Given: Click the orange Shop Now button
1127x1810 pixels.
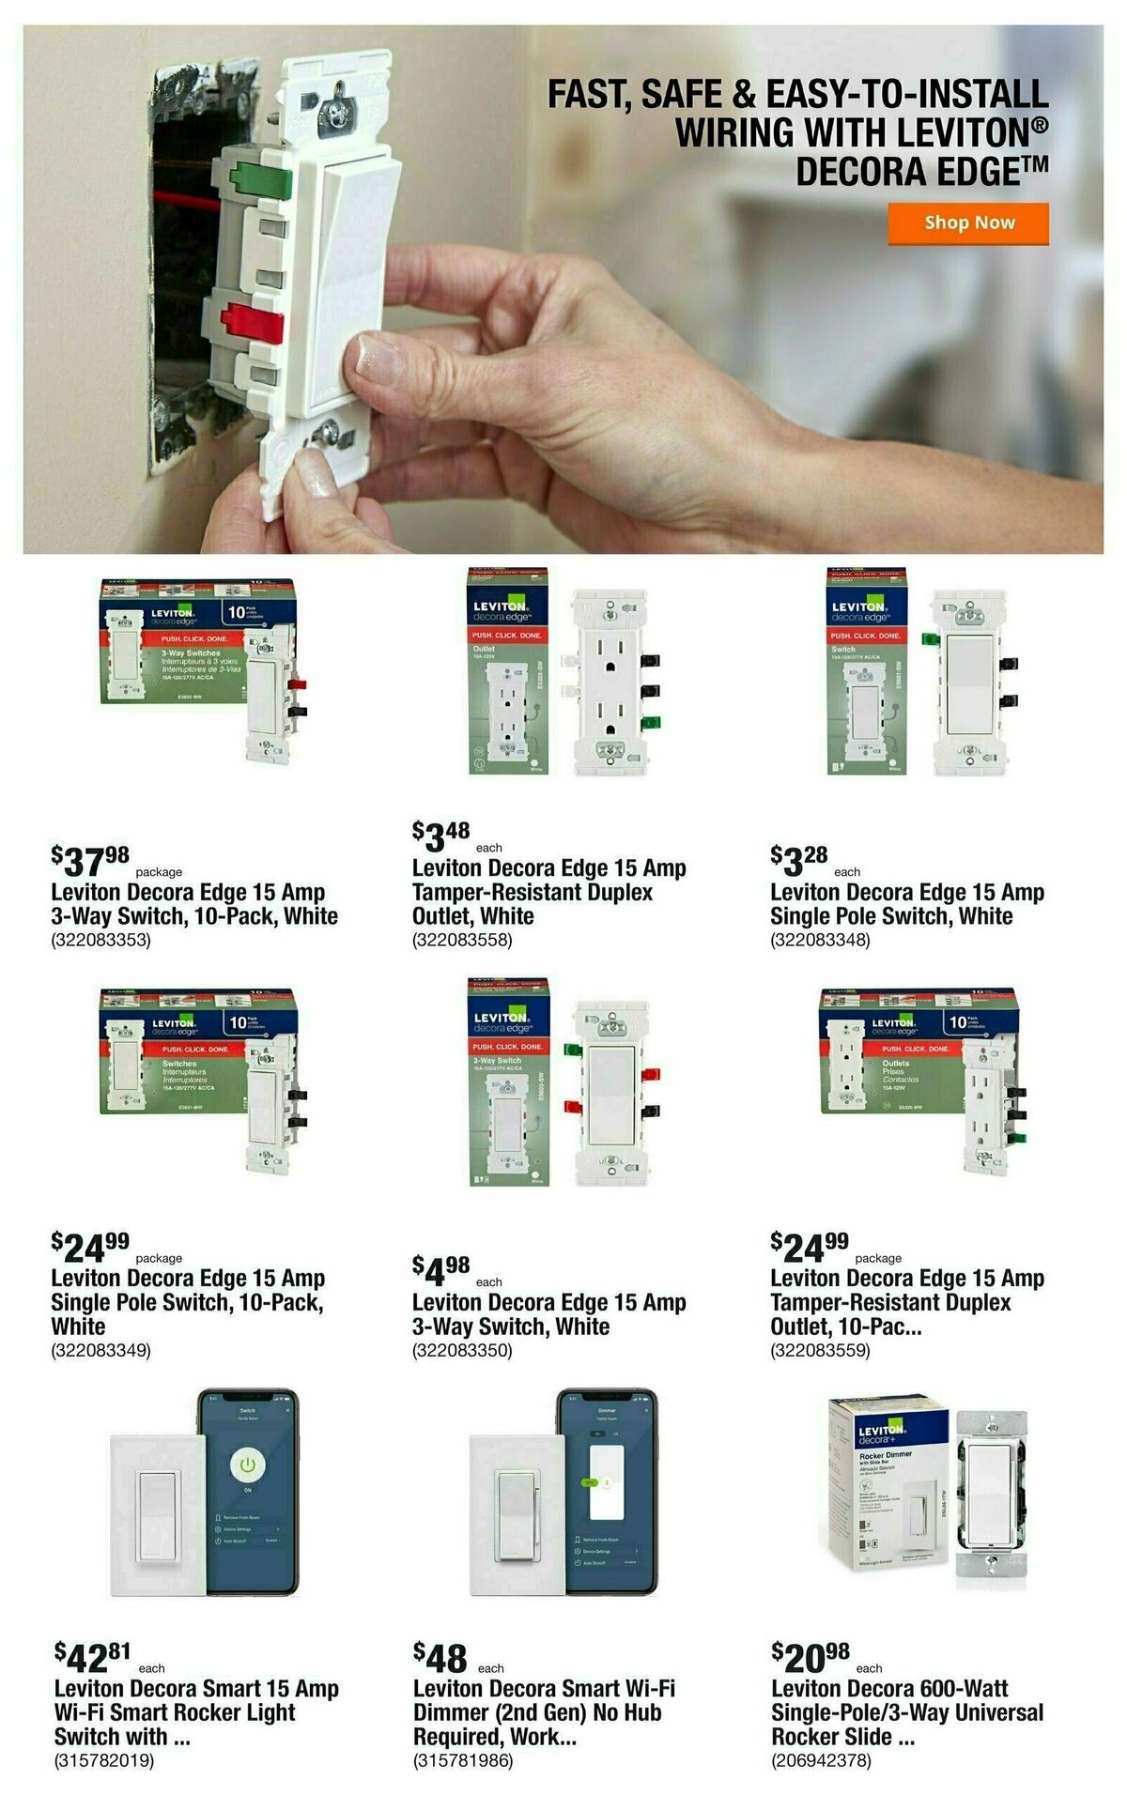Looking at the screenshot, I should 968,223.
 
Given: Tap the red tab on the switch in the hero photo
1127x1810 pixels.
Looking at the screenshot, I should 252,322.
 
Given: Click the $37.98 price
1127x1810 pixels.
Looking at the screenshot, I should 90,859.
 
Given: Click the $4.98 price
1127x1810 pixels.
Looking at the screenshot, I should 440,1270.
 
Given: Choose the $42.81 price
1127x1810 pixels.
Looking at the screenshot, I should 92,1657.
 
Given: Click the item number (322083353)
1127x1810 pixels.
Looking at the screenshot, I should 100,940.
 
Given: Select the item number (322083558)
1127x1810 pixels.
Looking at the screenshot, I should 462,940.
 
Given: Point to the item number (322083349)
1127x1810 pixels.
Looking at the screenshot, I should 100,1350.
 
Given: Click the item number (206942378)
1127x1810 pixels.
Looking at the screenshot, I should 821,1760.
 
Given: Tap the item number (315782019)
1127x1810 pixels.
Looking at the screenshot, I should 103,1760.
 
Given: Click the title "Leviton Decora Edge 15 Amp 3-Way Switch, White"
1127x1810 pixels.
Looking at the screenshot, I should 548,1314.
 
